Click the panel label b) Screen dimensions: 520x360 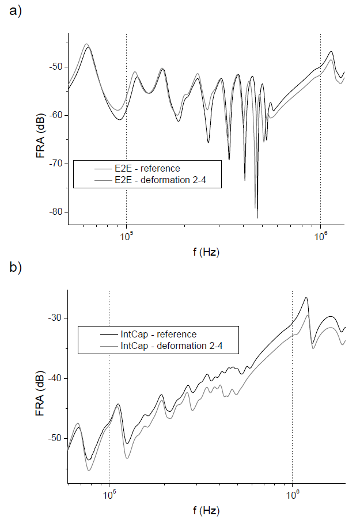tap(16, 268)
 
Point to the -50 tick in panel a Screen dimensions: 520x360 tap(55, 67)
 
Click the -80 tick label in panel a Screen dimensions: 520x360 tap(55, 212)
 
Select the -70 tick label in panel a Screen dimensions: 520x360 tap(55, 164)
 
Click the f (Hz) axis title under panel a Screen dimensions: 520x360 tap(206, 252)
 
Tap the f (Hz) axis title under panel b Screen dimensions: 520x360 tap(206, 509)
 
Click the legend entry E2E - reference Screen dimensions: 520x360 tap(147, 168)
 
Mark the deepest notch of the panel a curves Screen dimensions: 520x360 tap(257, 217)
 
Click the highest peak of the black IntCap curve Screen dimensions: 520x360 tap(306, 298)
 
